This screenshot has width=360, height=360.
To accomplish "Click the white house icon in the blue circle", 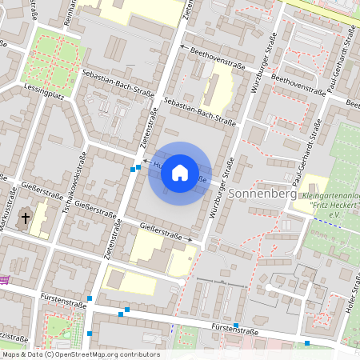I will (180, 173).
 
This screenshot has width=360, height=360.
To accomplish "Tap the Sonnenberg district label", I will (262, 194).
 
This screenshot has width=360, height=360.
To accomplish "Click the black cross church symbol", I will (26, 218).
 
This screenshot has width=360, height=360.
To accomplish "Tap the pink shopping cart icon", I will (4, 278).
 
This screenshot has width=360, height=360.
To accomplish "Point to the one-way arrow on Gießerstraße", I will (190, 238).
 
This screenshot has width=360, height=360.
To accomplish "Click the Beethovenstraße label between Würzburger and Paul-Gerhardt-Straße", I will (298, 85).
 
